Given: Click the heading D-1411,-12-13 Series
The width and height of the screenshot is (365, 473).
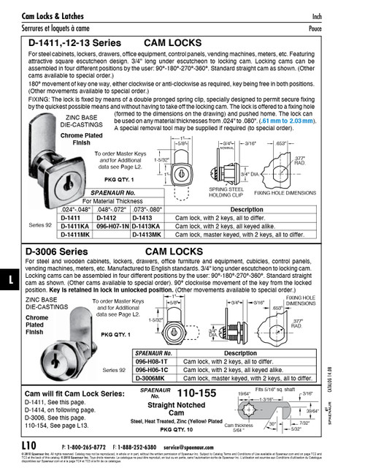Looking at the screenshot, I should pos(76,44).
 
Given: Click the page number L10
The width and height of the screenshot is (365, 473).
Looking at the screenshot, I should pos(30,444).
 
